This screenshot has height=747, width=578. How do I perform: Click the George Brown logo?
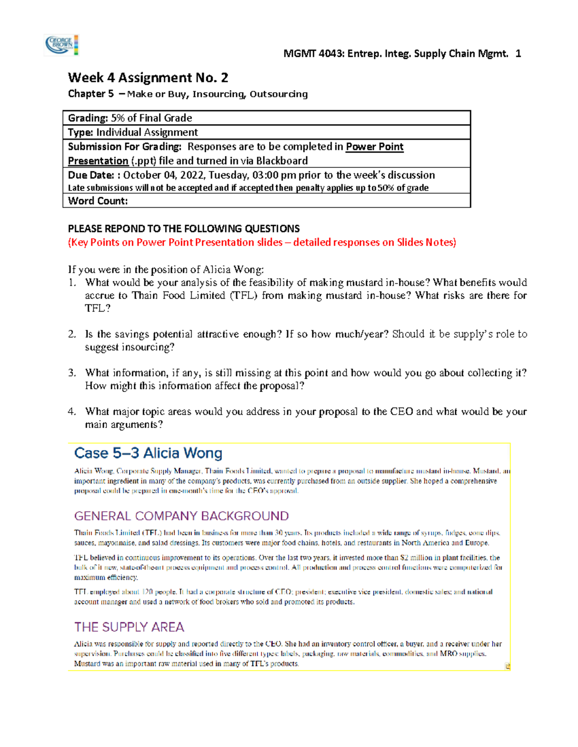coord(61,45)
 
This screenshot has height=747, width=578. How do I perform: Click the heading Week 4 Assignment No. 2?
coord(148,77)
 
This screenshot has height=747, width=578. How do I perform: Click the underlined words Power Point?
coord(375,147)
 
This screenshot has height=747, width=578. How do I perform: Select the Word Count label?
coord(98,201)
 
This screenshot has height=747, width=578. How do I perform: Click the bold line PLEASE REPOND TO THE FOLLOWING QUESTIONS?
coord(184,229)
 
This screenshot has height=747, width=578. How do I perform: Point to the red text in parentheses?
coord(262,242)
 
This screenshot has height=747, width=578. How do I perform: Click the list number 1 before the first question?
coord(72,283)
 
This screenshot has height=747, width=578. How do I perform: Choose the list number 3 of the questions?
coord(72,373)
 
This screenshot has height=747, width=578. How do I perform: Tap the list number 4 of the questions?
coord(72,412)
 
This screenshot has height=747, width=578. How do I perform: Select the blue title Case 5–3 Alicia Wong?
coord(148,453)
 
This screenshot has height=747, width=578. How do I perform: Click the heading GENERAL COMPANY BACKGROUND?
coord(181,516)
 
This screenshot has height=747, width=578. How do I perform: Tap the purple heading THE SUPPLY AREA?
coord(129,627)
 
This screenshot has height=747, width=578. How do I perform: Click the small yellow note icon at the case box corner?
coord(507,666)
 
